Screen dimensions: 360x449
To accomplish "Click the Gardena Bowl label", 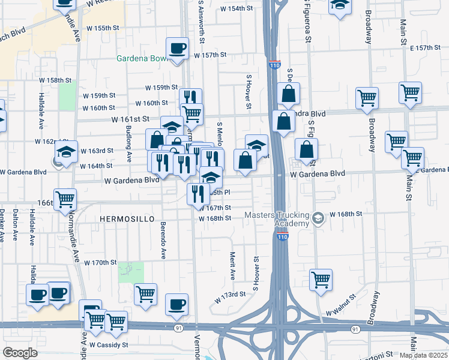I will coord(143,59).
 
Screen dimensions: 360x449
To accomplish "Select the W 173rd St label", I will coord(231,294).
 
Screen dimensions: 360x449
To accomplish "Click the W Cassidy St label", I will coord(109,345).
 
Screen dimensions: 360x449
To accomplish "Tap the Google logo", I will coord(20,353).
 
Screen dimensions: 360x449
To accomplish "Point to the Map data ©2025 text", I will coord(423,355).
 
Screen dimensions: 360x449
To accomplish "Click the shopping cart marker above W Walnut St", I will coord(321,279).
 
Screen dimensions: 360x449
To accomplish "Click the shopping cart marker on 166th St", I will coord(65,198).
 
